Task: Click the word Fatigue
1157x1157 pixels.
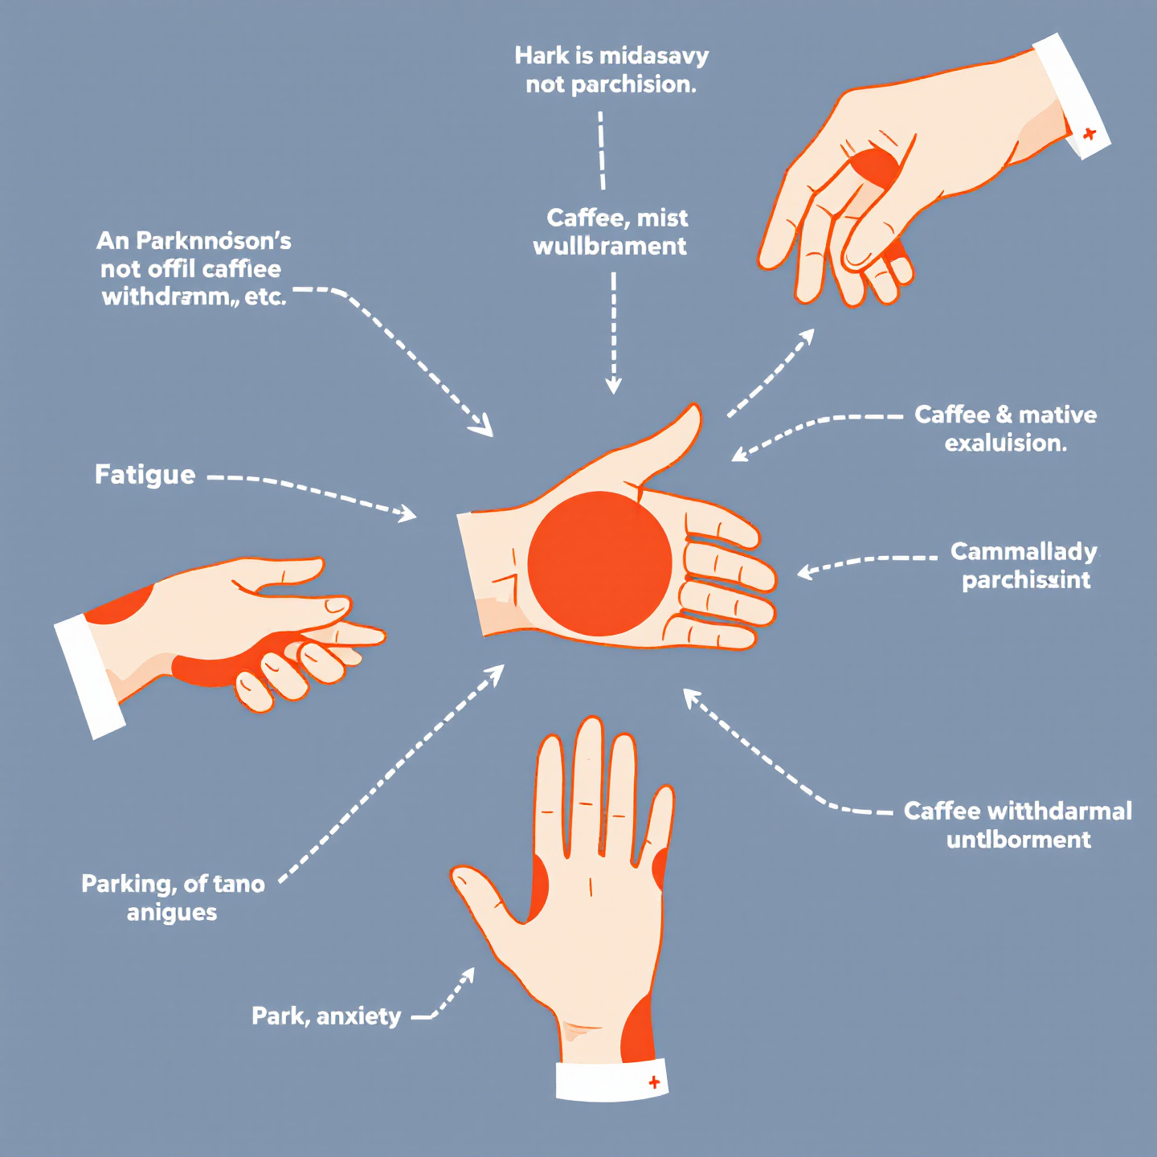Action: coord(145,475)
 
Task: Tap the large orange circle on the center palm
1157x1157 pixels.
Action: coord(599,563)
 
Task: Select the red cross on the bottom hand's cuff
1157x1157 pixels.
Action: coord(654,1082)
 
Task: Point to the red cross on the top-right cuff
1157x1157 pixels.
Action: coord(1089,134)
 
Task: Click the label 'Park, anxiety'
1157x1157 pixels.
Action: coord(326,1016)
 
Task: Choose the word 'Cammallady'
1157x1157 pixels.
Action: coord(1024,552)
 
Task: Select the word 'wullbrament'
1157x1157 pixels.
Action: coord(610,246)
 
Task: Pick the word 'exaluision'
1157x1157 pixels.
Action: coord(1005,443)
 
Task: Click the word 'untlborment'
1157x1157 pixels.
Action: coord(1018,840)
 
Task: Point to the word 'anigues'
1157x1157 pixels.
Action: coord(172,913)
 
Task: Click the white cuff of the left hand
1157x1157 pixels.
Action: coord(88,676)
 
